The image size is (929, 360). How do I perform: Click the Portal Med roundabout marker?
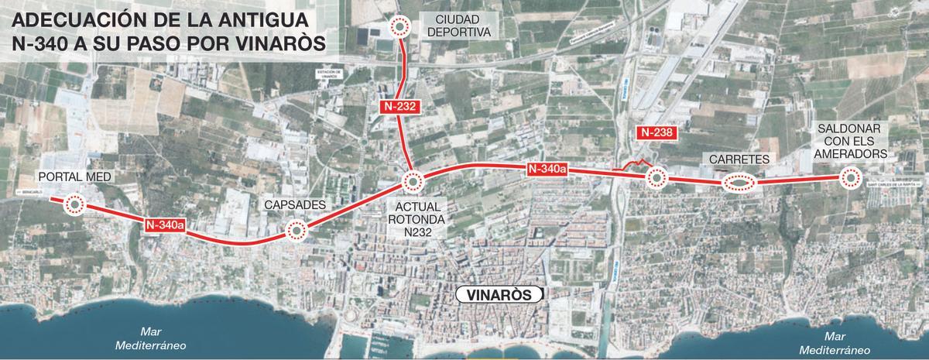tap(74, 205)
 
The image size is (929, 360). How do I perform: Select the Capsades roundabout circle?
tap(297, 231)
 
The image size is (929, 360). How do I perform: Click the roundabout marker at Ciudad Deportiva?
tap(400, 27)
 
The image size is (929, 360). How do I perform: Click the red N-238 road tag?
tap(657, 132)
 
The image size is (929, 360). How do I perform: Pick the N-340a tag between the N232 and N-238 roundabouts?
tap(547, 170)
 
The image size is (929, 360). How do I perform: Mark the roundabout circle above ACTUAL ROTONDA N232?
tap(412, 183)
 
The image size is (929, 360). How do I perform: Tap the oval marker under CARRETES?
tap(739, 184)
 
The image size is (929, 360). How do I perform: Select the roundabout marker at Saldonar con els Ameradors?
tap(850, 179)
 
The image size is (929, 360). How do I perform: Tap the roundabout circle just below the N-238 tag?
tap(656, 179)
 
